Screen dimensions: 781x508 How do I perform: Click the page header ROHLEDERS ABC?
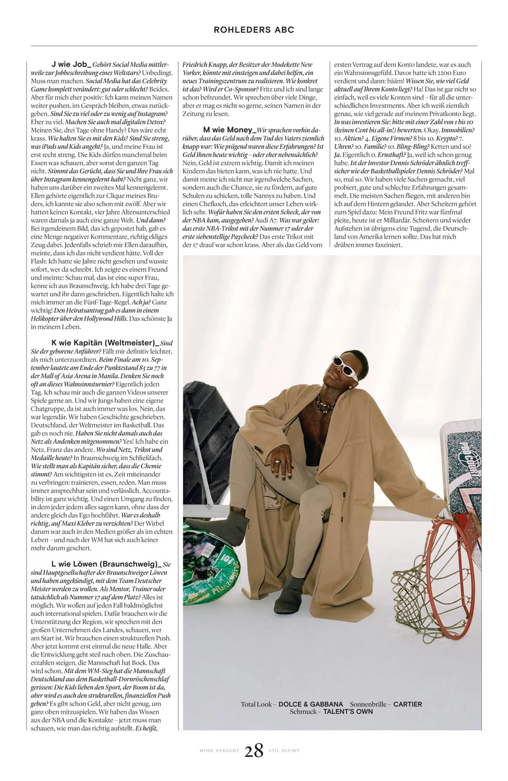254,30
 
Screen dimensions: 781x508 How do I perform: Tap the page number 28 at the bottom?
254,751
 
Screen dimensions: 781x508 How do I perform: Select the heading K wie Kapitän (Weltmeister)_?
105,343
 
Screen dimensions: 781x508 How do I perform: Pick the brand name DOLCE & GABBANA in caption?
311,704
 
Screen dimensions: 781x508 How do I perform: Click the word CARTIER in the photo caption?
407,704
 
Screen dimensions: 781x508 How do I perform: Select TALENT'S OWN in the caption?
348,712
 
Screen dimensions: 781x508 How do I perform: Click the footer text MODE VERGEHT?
219,751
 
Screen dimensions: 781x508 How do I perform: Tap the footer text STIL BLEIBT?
284,751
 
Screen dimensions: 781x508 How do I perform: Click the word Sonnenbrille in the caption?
368,704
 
